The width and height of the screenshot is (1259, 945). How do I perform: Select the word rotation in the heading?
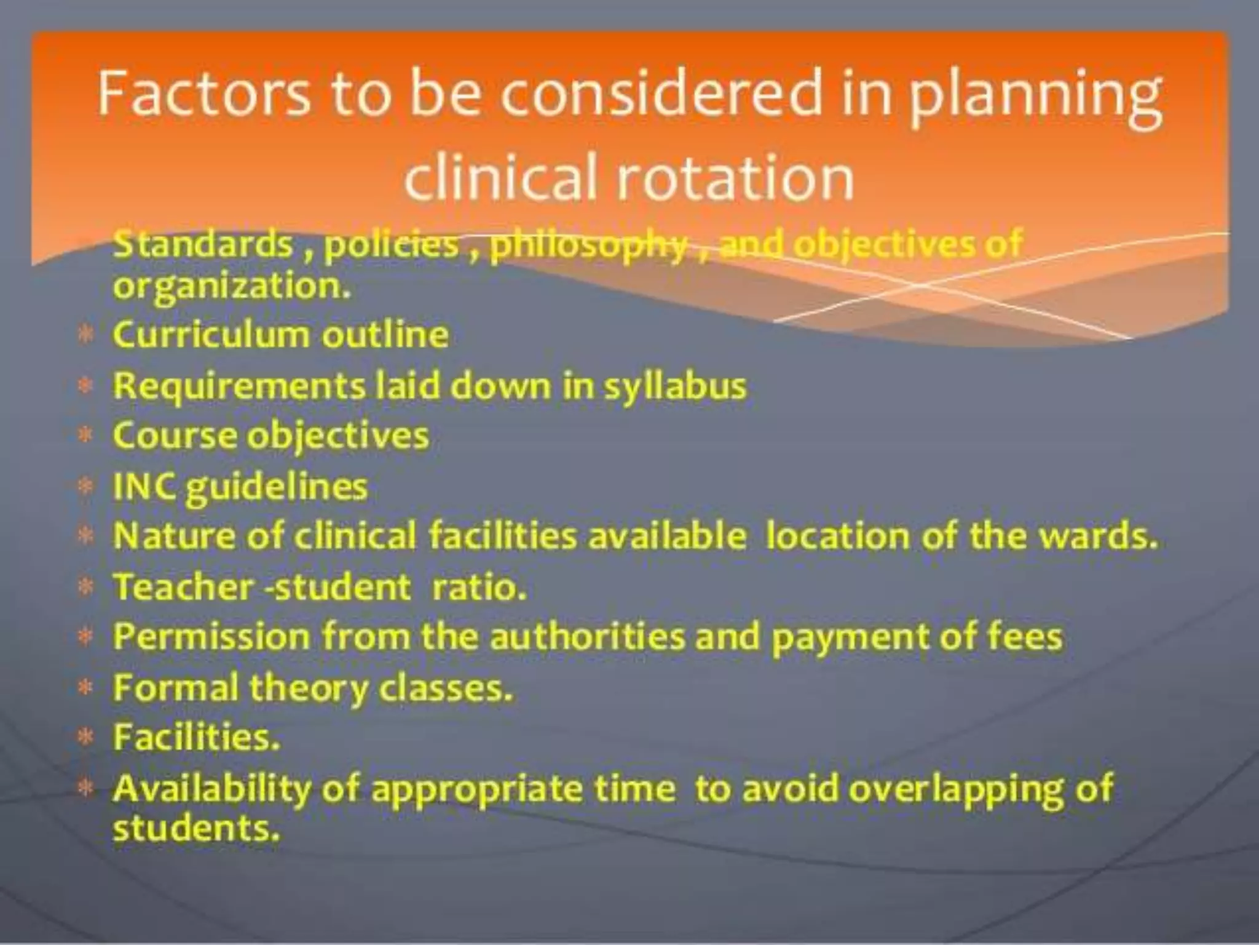coord(735,178)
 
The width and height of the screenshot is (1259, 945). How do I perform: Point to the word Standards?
coord(203,244)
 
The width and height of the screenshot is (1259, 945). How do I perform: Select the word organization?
coord(232,287)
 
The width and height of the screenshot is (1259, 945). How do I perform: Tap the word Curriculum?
coord(211,335)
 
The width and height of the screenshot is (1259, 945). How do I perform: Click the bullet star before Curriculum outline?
coord(86,335)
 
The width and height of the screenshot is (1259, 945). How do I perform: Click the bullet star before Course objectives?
coord(86,436)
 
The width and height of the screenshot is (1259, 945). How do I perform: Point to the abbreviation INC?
coord(145,487)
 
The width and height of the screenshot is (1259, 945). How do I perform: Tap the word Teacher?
coord(183,586)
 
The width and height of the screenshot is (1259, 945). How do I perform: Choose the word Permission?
coord(211,636)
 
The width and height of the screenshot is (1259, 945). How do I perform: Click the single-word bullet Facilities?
coord(196,737)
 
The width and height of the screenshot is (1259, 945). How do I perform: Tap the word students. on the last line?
coord(196,828)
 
